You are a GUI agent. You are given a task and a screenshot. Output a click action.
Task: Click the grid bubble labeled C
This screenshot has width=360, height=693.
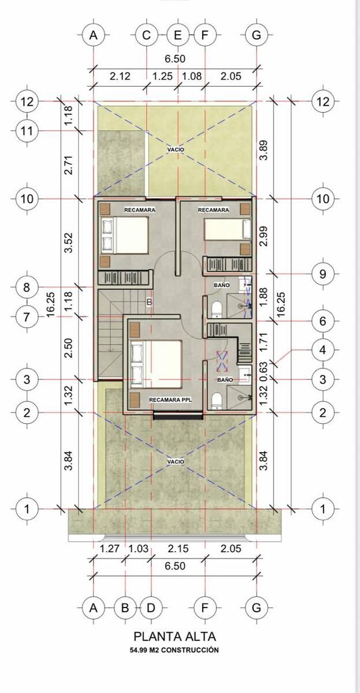click(147, 35)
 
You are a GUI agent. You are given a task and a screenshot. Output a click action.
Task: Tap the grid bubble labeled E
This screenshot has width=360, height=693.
click(177, 35)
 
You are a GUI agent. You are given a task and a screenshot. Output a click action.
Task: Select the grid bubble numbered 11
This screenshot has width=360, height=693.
click(27, 131)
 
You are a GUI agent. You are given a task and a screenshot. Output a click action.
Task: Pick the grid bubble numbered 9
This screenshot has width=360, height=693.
click(322, 274)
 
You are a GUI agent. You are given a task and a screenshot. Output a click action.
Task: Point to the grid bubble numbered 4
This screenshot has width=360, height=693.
click(322, 350)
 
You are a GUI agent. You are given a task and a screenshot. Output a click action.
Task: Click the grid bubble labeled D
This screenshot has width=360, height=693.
click(151, 608)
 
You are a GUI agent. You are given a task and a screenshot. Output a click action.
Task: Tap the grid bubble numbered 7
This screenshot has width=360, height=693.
click(27, 317)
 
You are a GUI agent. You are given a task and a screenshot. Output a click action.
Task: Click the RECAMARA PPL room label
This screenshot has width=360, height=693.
click(170, 400)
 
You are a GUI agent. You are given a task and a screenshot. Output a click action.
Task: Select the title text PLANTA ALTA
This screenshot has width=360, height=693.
click(175, 636)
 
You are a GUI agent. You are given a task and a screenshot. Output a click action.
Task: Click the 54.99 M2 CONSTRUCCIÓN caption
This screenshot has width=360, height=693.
click(175, 650)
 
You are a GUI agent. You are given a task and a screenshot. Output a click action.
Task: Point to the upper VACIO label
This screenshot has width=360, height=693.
click(176, 150)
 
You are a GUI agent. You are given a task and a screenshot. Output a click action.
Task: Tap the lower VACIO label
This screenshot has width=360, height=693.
click(176, 462)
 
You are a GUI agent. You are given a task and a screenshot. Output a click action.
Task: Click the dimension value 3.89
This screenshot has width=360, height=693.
click(263, 150)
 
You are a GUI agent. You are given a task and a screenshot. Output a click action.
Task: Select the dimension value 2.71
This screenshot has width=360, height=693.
click(68, 165)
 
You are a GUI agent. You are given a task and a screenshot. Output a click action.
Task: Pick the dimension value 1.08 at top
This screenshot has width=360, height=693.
click(192, 76)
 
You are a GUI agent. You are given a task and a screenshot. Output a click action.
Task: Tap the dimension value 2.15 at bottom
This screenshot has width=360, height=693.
click(178, 549)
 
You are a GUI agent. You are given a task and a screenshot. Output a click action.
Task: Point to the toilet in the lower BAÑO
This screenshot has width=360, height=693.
click(216, 401)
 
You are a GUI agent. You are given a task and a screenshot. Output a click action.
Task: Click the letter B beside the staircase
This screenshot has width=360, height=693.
click(150, 302)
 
